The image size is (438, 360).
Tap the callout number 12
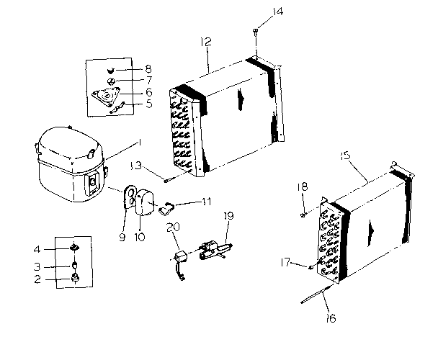point(207,43)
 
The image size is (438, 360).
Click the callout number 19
point(229,215)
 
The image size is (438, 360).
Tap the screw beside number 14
point(256,30)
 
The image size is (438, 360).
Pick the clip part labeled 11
point(166,209)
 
